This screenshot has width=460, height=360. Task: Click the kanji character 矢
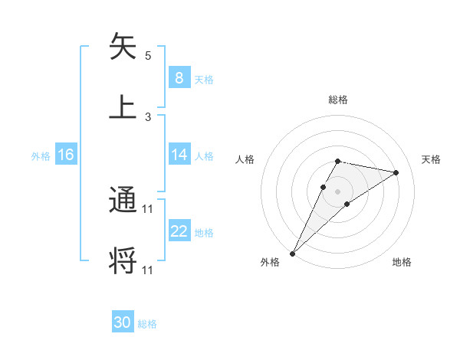click(x=123, y=47)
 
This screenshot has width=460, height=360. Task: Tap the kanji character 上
click(x=123, y=107)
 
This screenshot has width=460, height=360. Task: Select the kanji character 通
click(x=123, y=201)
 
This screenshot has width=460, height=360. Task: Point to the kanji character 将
click(x=123, y=260)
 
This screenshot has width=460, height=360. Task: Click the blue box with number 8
click(x=179, y=78)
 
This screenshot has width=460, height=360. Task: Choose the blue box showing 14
click(x=179, y=155)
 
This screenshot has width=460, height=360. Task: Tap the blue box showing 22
click(x=179, y=232)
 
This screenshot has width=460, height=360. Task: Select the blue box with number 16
click(x=65, y=155)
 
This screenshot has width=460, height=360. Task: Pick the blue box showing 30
click(x=122, y=323)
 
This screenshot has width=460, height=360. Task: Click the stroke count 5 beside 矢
click(x=148, y=56)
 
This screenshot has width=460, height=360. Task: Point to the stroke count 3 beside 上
click(x=148, y=116)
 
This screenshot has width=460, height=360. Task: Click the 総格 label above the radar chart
click(x=338, y=100)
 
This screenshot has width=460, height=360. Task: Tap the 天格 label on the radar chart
click(x=431, y=159)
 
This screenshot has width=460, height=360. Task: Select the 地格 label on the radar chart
click(x=402, y=262)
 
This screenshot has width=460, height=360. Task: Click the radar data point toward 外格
click(x=292, y=254)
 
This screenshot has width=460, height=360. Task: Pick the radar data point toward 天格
click(x=396, y=172)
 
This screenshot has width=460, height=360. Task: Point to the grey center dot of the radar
click(x=337, y=191)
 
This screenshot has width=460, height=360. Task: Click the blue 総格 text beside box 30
click(x=147, y=324)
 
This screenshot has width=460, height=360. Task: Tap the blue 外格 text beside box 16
click(x=41, y=155)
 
